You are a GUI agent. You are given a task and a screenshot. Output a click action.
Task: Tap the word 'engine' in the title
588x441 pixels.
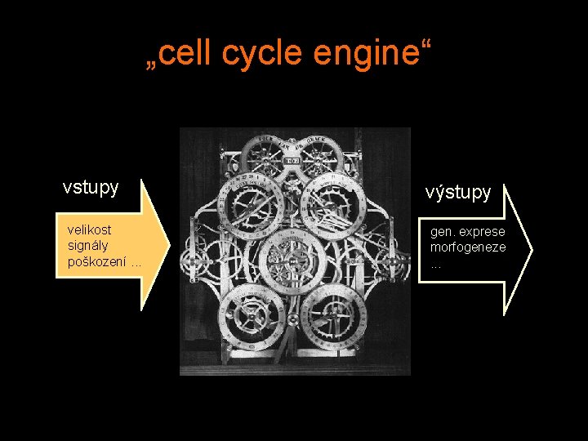coord(358,55)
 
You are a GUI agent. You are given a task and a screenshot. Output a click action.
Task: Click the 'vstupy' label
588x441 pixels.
coord(91,187)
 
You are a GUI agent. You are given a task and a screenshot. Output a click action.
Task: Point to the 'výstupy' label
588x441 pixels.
coord(458,192)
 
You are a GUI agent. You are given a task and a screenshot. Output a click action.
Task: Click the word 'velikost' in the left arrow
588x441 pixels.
coord(89,229)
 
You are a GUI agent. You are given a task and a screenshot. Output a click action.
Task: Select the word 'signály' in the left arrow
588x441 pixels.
coord(88,245)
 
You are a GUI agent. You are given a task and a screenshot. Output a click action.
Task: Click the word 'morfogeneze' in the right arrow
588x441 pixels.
coord(468,247)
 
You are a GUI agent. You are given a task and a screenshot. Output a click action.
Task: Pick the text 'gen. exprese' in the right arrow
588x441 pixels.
coord(468,232)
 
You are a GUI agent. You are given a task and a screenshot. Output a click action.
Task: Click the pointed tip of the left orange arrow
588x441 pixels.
coord(169,244)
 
